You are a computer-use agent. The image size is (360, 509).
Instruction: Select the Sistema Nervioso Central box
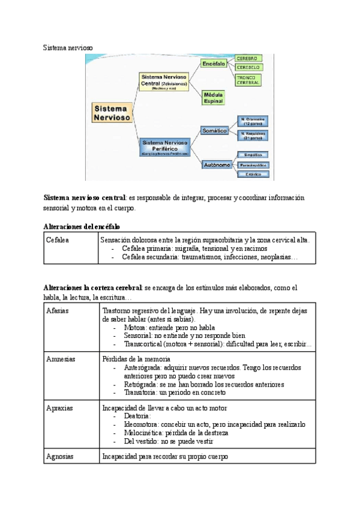click(164, 81)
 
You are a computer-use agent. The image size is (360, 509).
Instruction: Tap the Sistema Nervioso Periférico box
click(164, 146)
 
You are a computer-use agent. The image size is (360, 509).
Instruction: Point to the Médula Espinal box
click(213, 98)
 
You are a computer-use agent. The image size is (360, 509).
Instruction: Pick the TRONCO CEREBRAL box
click(247, 81)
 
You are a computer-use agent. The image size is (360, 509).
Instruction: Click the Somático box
click(214, 128)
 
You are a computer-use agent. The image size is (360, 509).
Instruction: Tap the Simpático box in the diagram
click(252, 154)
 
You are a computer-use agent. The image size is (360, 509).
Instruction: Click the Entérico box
click(252, 174)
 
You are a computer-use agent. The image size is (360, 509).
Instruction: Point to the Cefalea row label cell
click(58, 240)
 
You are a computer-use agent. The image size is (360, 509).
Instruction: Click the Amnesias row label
click(61, 359)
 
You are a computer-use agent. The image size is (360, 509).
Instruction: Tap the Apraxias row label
click(59, 408)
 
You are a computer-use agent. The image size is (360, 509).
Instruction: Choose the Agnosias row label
click(60, 456)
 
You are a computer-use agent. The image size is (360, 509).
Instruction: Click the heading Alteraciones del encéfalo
click(82, 226)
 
